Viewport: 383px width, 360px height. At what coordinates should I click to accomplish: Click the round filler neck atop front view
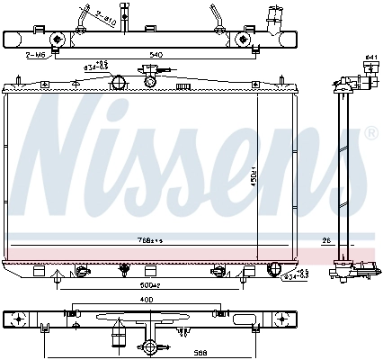[x=117, y=84]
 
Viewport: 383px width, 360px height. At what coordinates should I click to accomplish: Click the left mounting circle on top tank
[x=58, y=39]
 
